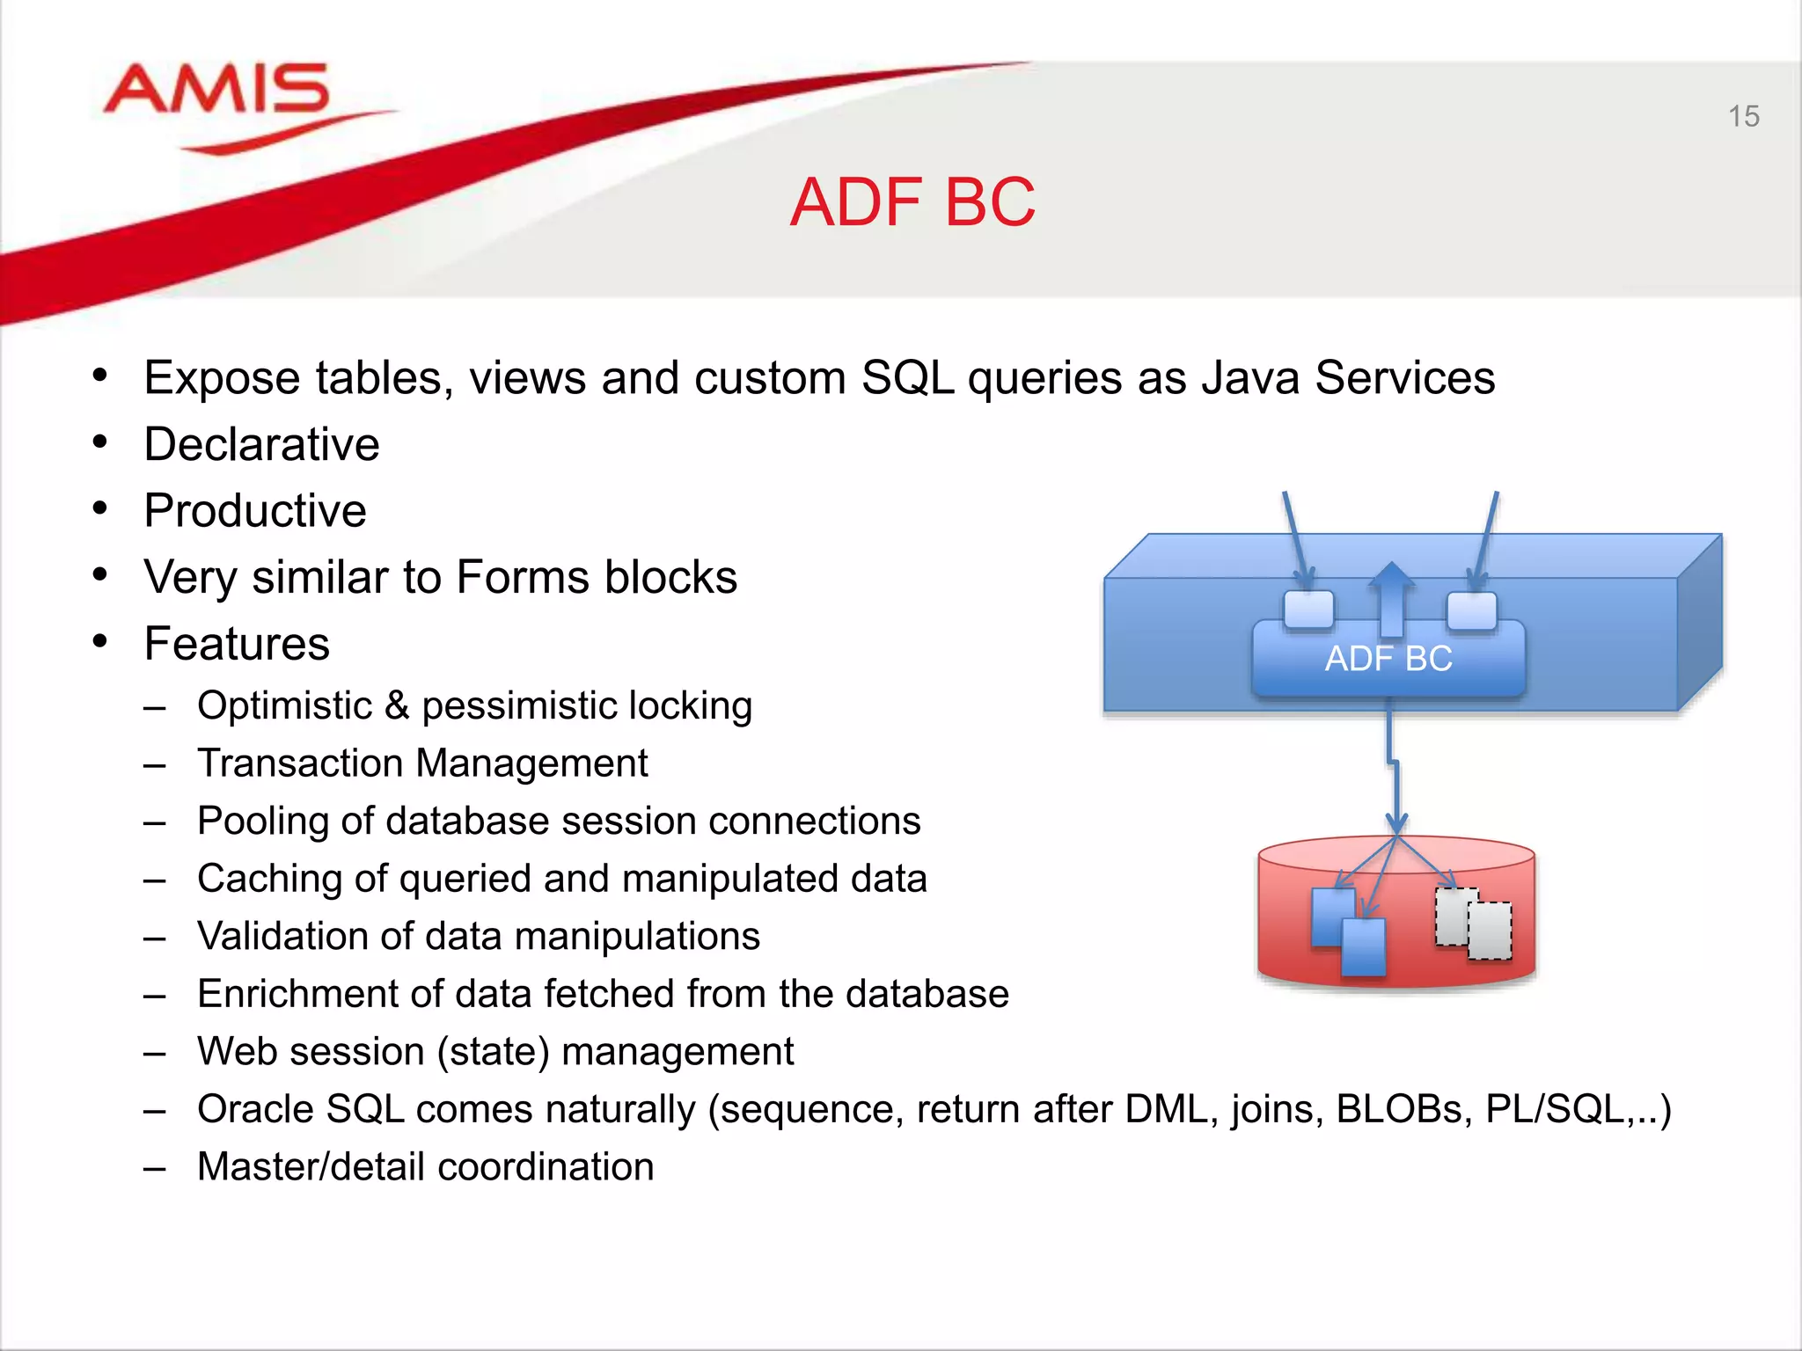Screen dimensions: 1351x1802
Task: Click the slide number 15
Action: click(x=1743, y=116)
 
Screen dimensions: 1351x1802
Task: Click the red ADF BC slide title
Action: click(x=912, y=202)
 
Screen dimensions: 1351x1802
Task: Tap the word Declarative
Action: click(x=261, y=444)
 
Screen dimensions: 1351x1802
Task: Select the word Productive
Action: click(x=255, y=511)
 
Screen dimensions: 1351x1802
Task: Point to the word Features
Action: click(x=237, y=644)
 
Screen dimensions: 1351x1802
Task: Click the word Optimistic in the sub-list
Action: click(x=285, y=706)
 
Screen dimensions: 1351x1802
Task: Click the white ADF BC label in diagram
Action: click(x=1388, y=659)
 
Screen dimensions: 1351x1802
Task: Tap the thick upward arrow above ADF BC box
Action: click(x=1391, y=598)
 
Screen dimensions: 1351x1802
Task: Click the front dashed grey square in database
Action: click(x=1490, y=931)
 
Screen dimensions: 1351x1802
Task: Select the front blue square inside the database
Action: click(x=1363, y=947)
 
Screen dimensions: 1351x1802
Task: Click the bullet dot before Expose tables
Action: click(x=99, y=376)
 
